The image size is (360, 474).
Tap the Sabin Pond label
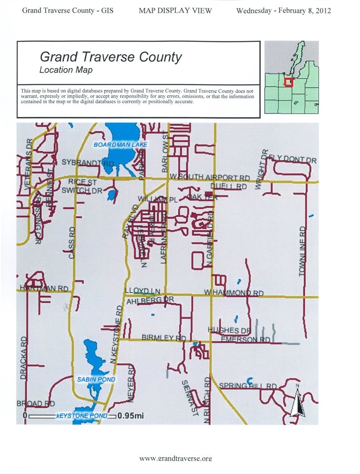[x=96, y=379]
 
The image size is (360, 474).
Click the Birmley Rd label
[x=163, y=338]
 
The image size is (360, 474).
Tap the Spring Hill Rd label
[x=248, y=386]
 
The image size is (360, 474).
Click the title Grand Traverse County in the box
[x=111, y=57]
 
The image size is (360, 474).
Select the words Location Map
[x=66, y=70]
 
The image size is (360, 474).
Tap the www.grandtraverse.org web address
[x=175, y=458]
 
